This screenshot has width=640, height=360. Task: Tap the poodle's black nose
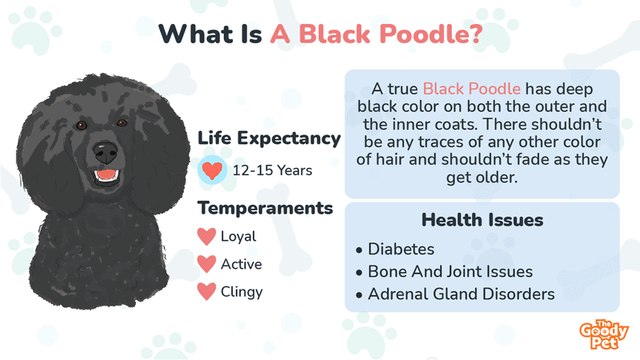[106, 152]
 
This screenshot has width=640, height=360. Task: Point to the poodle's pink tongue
[106, 174]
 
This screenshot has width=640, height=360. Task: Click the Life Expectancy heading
[269, 138]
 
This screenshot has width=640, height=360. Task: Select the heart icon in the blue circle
[212, 170]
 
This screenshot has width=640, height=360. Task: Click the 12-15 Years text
[272, 170]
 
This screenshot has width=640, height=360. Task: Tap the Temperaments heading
[266, 208]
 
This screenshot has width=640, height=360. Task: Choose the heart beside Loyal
[206, 237]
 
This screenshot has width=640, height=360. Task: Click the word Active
[242, 264]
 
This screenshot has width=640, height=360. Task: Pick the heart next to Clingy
[206, 291]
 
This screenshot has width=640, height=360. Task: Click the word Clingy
[242, 292]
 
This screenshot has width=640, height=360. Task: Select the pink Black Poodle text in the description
[471, 89]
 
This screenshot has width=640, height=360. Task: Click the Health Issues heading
[482, 220]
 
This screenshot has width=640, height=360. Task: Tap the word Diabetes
[401, 249]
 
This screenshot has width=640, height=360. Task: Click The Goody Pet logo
[604, 334]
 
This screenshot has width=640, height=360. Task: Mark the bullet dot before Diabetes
[358, 250]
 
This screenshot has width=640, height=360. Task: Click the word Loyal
[238, 237]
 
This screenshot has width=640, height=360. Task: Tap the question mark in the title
[476, 34]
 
